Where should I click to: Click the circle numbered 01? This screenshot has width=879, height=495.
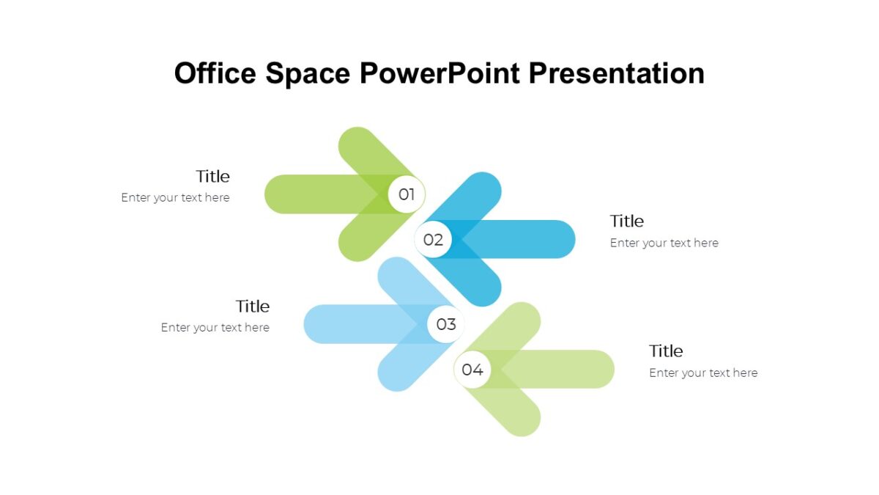[407, 194]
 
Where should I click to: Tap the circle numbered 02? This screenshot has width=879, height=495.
[433, 240]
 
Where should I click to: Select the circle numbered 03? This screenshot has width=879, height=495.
[446, 324]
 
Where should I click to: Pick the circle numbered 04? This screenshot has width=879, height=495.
[472, 370]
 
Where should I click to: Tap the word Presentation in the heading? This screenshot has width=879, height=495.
[616, 73]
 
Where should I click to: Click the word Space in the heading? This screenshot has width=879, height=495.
[308, 73]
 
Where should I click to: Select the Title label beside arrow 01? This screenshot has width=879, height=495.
[212, 176]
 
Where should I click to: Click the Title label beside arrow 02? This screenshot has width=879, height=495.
[626, 221]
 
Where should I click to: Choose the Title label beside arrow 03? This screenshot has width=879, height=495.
[252, 306]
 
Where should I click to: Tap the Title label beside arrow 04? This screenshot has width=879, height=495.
[666, 351]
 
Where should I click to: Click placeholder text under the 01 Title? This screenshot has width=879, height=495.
[175, 197]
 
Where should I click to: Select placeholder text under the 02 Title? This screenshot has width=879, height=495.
[664, 243]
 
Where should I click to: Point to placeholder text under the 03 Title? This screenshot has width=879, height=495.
[215, 328]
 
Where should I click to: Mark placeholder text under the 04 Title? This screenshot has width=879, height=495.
[703, 373]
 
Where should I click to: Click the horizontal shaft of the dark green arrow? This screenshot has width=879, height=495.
[308, 194]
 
